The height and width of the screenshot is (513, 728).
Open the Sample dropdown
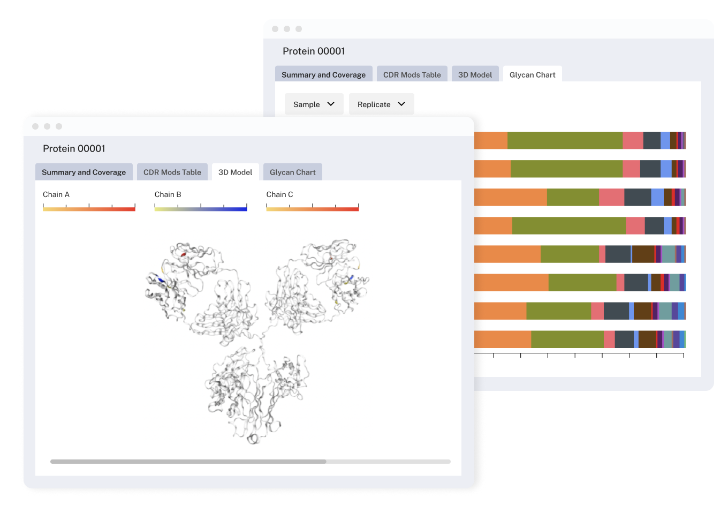click(x=314, y=104)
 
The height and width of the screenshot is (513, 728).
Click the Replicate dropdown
click(x=381, y=104)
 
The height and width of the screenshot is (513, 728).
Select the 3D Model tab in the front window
click(x=235, y=172)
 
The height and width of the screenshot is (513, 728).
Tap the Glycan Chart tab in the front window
click(x=292, y=172)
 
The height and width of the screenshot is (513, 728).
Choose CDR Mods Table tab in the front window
click(x=172, y=172)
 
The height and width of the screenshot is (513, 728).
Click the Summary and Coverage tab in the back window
click(x=323, y=75)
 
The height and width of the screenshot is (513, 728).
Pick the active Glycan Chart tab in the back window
click(x=532, y=75)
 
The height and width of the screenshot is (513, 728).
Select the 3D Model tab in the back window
click(x=475, y=75)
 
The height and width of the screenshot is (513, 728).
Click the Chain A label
click(x=56, y=194)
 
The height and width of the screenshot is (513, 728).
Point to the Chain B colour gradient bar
click(x=201, y=209)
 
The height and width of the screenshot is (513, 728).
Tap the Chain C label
click(x=279, y=194)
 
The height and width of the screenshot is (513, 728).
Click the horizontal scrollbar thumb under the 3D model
click(x=188, y=461)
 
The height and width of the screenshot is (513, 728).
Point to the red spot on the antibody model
click(x=183, y=254)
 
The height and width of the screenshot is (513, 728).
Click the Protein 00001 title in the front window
click(x=74, y=148)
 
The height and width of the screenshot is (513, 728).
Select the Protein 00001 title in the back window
click(x=314, y=51)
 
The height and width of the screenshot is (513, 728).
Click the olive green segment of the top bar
click(x=565, y=140)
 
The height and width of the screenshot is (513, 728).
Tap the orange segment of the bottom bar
click(x=502, y=340)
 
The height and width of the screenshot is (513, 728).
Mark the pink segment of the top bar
click(x=633, y=140)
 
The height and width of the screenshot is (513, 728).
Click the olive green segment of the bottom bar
click(x=567, y=340)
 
